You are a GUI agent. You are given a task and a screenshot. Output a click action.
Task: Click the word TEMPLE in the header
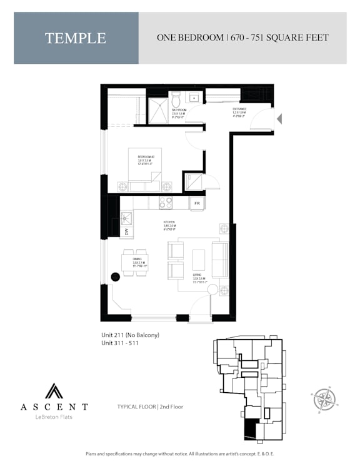(x=76, y=38)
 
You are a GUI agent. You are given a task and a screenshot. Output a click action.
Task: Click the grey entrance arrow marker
(x=280, y=118)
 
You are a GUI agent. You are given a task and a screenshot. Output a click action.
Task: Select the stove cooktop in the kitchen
(x=166, y=203)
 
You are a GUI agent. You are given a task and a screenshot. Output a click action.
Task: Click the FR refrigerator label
(x=197, y=203)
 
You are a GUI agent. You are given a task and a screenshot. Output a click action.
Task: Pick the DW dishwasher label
(x=124, y=233)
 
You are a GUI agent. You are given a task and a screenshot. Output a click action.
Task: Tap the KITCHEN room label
(x=169, y=225)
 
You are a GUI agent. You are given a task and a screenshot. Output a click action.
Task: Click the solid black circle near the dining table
(x=116, y=277)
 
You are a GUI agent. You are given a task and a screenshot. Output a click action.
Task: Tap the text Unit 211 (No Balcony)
(x=131, y=335)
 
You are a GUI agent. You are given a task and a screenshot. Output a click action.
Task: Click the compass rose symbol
(x=324, y=399)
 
